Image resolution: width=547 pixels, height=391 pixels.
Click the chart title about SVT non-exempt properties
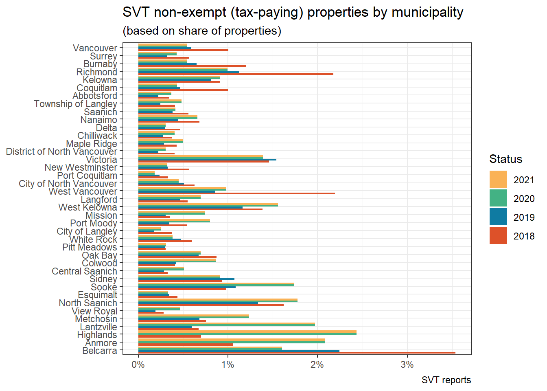293,13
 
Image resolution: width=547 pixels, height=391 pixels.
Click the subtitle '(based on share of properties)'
202,31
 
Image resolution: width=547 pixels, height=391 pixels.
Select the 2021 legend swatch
498,180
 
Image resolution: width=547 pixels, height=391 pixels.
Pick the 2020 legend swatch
498,198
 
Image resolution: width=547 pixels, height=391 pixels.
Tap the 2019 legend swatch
498,217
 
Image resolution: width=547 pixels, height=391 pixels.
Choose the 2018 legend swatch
498,236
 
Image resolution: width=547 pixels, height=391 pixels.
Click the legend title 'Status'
505,159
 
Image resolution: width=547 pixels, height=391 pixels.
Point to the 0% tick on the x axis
138,365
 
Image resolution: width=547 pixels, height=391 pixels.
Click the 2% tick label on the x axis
317,365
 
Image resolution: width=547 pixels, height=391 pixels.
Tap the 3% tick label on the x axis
407,365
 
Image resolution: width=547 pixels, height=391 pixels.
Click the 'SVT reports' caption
446,380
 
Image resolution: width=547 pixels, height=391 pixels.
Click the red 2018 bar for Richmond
236,74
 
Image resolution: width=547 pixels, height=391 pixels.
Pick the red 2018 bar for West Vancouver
236,193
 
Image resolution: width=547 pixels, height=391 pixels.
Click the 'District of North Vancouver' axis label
61,152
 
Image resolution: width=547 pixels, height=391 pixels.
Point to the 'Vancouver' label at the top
95,48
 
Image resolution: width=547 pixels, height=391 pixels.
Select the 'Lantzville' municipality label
98,327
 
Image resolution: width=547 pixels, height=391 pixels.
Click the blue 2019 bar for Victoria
207,160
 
